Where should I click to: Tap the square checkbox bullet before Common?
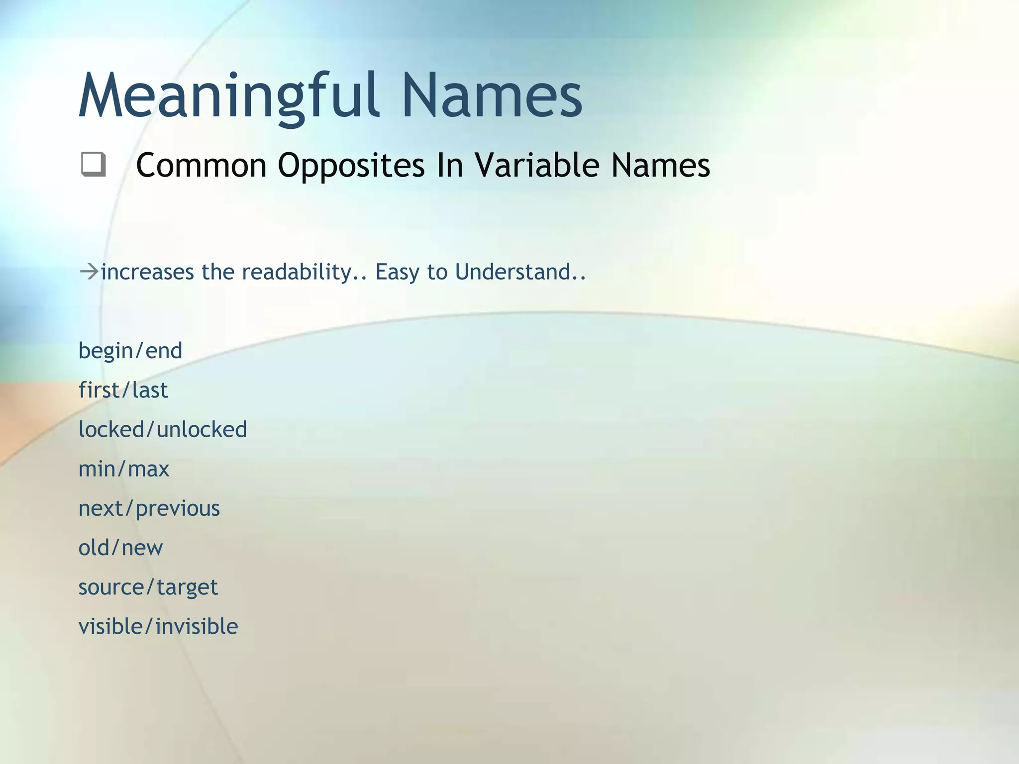click(x=94, y=165)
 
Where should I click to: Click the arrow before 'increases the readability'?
click(x=89, y=272)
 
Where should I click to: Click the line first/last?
click(x=123, y=390)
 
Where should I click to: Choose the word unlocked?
click(x=202, y=429)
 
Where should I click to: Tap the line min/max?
click(x=124, y=469)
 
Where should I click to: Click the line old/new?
click(x=120, y=548)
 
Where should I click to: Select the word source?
click(x=111, y=587)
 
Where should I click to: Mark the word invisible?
click(x=197, y=626)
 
